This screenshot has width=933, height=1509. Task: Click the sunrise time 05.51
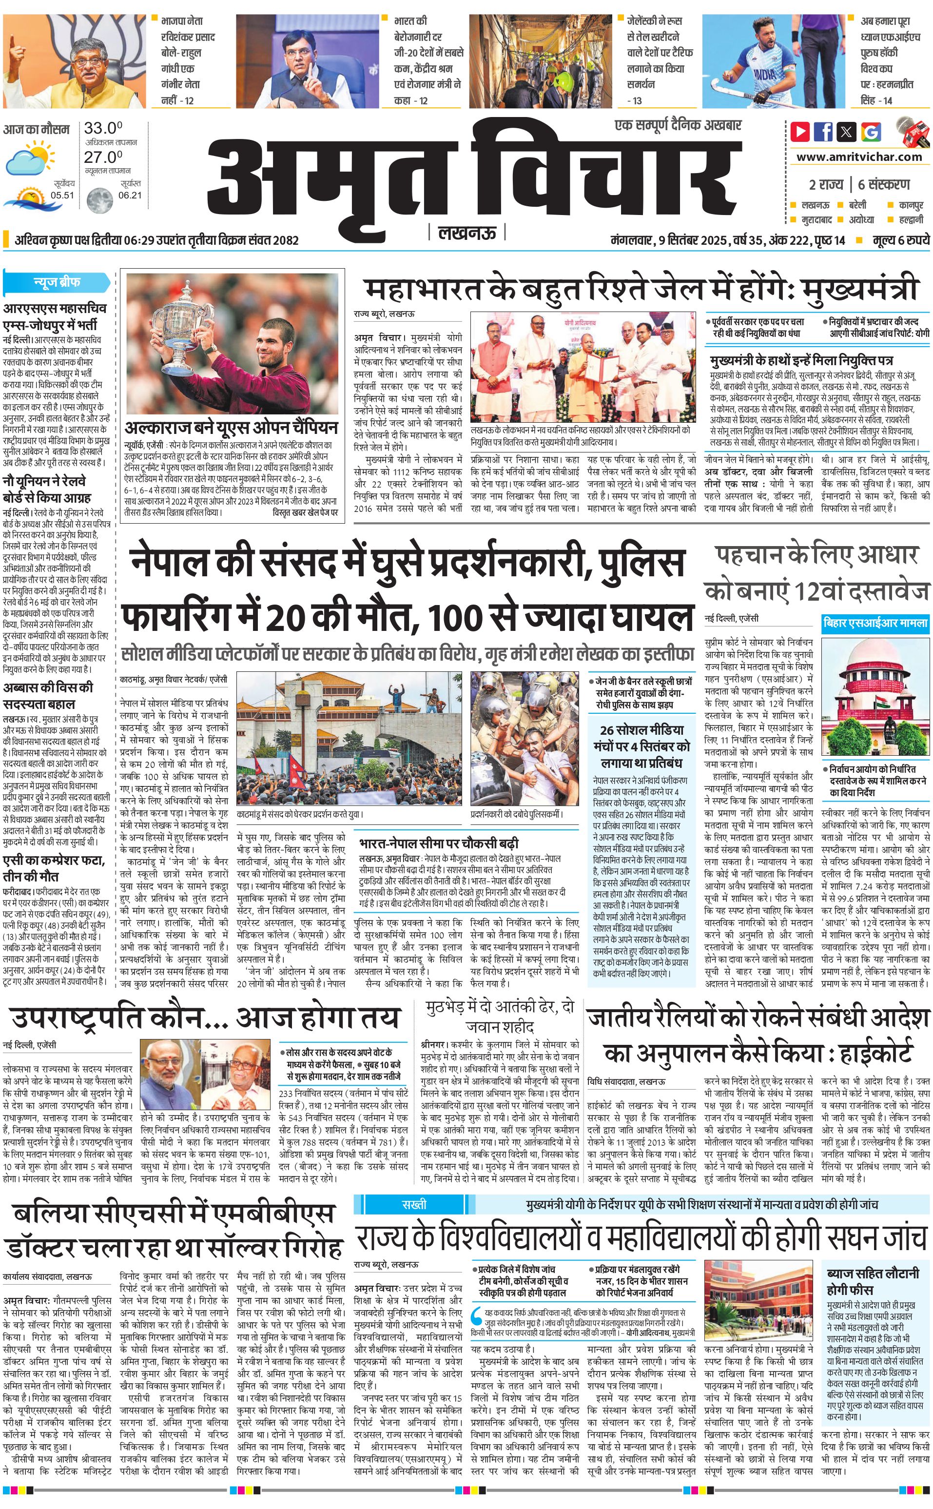click(62, 195)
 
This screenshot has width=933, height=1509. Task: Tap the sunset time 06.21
click(130, 195)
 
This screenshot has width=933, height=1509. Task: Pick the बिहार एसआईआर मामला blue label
click(875, 624)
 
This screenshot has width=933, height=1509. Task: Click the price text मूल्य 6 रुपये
click(901, 240)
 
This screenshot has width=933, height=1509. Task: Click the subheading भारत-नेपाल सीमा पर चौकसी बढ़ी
click(439, 843)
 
